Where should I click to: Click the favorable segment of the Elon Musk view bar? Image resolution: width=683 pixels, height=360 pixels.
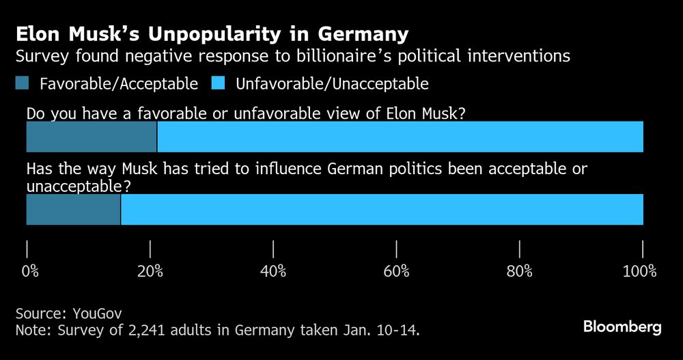click(92, 137)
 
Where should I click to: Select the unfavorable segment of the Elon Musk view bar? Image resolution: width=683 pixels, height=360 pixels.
click(400, 137)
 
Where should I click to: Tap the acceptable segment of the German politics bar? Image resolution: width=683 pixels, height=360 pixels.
click(73, 209)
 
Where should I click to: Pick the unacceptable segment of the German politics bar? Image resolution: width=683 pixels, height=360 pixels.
click(382, 209)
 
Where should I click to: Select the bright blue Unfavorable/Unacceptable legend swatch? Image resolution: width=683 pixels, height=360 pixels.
click(219, 84)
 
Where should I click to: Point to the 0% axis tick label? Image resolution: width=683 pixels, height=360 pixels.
click(30, 271)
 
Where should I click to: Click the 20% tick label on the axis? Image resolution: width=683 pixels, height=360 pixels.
click(150, 271)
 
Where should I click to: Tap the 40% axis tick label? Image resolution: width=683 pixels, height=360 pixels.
click(273, 271)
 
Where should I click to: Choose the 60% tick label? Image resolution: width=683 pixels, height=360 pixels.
click(396, 271)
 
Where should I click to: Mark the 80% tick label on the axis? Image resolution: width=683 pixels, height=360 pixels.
click(520, 271)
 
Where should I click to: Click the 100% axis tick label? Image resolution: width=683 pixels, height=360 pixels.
click(639, 271)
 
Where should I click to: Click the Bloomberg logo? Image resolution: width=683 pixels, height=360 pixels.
click(622, 327)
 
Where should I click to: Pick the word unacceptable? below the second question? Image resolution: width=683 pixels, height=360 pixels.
click(79, 185)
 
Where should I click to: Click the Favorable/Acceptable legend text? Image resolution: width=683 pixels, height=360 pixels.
click(119, 84)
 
